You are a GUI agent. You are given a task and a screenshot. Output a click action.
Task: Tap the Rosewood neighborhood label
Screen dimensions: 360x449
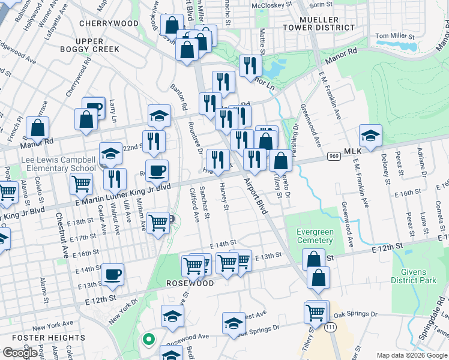click(190, 283)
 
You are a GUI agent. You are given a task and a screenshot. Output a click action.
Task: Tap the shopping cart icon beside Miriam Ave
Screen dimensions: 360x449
click(158, 223)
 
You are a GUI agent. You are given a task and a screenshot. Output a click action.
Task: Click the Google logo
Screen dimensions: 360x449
click(20, 353)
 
